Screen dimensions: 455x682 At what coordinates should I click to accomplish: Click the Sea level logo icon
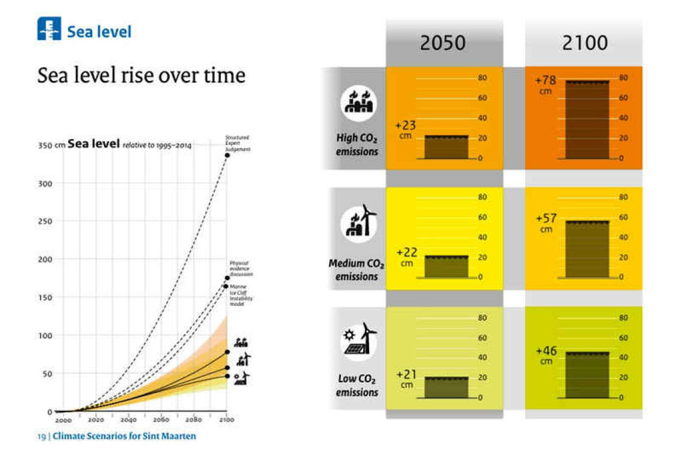coord(49,29)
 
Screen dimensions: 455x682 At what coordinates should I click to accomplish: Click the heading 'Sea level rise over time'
coord(141,76)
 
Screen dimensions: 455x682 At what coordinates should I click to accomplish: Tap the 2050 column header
coord(444,43)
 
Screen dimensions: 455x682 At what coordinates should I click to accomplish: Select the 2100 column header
coord(584,43)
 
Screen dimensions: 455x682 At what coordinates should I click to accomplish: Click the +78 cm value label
coord(546,84)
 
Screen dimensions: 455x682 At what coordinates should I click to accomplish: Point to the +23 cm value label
coord(406,129)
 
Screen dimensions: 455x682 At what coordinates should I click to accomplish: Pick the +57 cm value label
coord(546,222)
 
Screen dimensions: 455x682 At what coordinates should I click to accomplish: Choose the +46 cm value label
coord(546,354)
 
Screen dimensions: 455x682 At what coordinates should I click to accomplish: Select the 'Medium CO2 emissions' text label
coord(357,270)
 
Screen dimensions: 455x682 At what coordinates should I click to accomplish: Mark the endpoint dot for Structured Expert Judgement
coord(227,155)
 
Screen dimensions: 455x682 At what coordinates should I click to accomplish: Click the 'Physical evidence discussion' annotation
coord(241,269)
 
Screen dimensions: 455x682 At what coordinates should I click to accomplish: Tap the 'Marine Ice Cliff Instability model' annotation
coord(239,295)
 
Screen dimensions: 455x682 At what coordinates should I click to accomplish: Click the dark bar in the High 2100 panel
coord(584,120)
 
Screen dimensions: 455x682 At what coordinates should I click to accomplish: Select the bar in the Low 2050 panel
coord(446,387)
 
